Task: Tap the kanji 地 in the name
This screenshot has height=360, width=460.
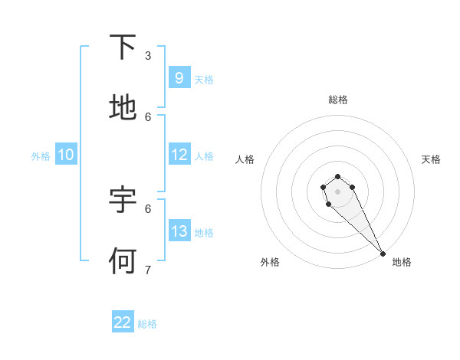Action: (123, 108)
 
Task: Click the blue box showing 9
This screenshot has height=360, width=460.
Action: (179, 77)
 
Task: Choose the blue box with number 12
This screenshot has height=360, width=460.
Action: (179, 155)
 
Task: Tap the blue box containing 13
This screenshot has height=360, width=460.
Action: (179, 231)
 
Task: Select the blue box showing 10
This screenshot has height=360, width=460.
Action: (65, 155)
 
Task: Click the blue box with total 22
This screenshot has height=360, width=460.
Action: (123, 322)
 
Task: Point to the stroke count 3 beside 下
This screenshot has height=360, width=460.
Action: (148, 55)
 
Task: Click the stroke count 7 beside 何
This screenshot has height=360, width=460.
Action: (148, 270)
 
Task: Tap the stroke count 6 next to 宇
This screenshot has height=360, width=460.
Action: (148, 208)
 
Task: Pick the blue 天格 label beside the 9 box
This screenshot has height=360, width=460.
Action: (204, 79)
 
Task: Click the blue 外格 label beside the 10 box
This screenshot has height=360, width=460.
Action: (41, 155)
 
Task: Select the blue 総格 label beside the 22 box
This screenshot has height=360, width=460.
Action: (147, 324)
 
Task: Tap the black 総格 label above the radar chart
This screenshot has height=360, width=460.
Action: (338, 100)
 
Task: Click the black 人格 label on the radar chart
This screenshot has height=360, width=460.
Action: (245, 159)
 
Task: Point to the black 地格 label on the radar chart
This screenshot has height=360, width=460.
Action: (402, 262)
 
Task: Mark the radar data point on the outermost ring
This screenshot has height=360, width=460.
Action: (383, 254)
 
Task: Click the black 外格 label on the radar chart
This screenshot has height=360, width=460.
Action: (270, 262)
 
